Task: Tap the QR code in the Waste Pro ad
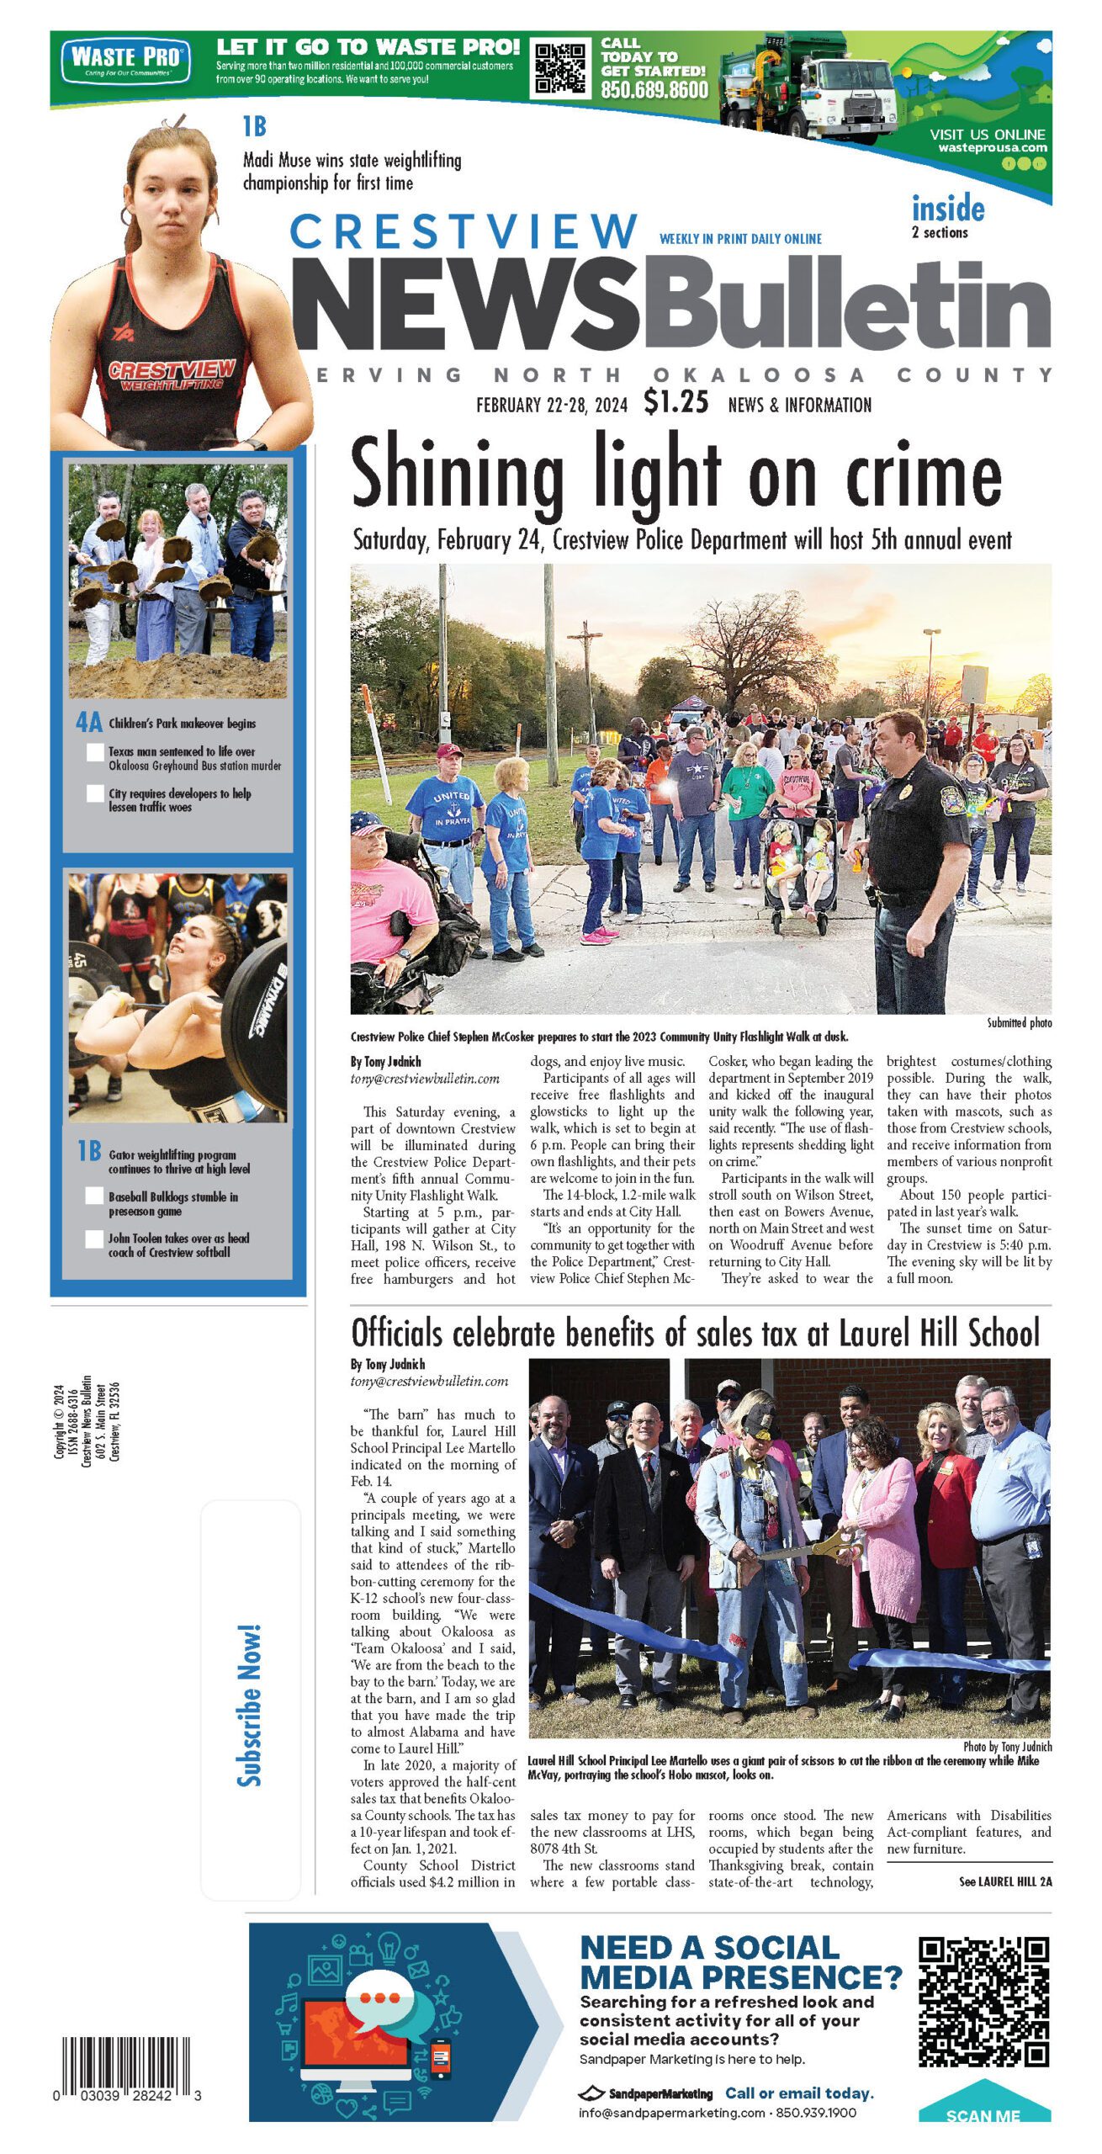(560, 67)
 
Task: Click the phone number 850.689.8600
(654, 90)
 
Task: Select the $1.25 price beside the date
(676, 402)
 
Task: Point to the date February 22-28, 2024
(552, 406)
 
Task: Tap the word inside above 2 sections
(948, 209)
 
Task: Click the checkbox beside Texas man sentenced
(96, 752)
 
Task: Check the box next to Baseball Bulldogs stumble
(95, 1196)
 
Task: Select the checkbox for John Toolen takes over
(95, 1239)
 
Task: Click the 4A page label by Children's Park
(89, 723)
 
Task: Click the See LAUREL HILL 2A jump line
(1005, 1881)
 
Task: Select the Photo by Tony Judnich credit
(1007, 1747)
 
